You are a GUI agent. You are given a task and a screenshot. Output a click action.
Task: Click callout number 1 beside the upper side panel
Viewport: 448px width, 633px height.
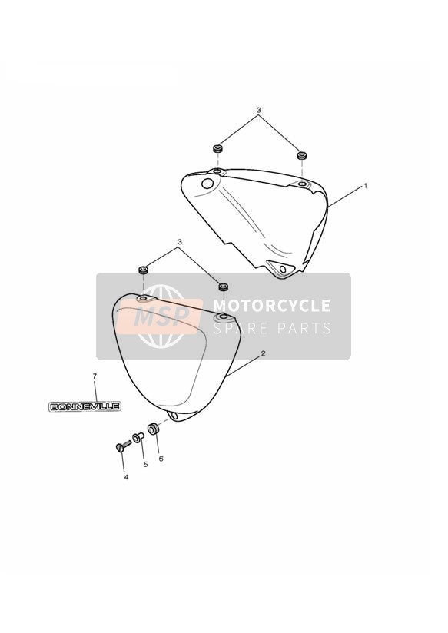click(365, 186)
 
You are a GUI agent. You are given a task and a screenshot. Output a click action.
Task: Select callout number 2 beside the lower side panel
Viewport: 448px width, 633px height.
click(263, 353)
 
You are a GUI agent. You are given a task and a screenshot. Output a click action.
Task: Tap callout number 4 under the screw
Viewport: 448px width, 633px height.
click(126, 477)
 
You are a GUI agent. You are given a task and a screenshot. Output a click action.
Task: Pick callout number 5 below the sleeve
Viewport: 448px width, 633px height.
click(145, 464)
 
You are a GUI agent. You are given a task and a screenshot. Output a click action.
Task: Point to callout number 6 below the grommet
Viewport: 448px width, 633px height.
click(161, 459)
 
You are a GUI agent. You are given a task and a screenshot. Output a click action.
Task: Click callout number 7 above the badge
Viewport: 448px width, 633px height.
click(95, 376)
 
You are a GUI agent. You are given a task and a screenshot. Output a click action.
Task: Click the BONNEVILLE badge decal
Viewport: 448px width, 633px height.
click(85, 406)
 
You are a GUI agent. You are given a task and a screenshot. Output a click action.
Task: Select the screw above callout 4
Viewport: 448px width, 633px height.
click(123, 446)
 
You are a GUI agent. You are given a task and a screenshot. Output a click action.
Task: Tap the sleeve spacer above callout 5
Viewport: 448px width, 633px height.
click(138, 437)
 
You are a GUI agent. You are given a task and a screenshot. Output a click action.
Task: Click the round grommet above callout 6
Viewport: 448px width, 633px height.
click(153, 429)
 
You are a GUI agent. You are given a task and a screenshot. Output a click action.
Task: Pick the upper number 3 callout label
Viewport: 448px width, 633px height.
click(258, 110)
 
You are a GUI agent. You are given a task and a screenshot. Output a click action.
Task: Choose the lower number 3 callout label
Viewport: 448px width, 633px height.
click(180, 242)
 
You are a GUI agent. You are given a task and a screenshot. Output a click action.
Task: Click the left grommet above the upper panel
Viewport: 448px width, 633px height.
click(218, 148)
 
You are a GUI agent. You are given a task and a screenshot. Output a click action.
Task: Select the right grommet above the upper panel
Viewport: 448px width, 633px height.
click(301, 155)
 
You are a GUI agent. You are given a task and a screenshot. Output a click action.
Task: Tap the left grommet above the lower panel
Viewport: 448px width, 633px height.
click(144, 270)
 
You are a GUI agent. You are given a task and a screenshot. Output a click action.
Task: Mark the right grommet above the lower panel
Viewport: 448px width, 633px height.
click(224, 287)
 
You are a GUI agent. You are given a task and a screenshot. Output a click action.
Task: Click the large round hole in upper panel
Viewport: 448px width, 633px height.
click(207, 184)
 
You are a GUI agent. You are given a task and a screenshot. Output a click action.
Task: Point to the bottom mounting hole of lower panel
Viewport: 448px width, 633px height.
click(174, 416)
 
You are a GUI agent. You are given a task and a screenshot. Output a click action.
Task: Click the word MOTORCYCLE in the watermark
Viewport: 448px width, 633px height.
click(271, 306)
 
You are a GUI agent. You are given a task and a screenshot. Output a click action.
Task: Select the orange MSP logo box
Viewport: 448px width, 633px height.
click(159, 316)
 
